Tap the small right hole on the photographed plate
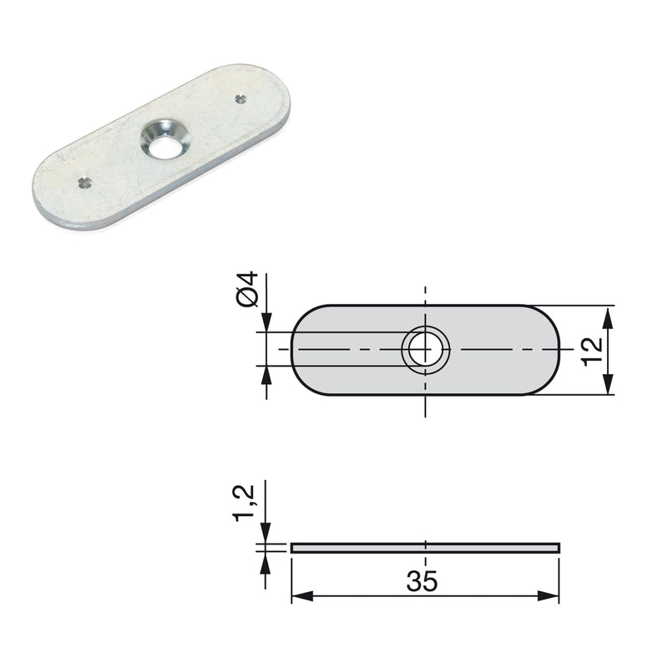click(240, 99)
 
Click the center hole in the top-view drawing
click(426, 349)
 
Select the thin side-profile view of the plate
click(426, 548)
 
